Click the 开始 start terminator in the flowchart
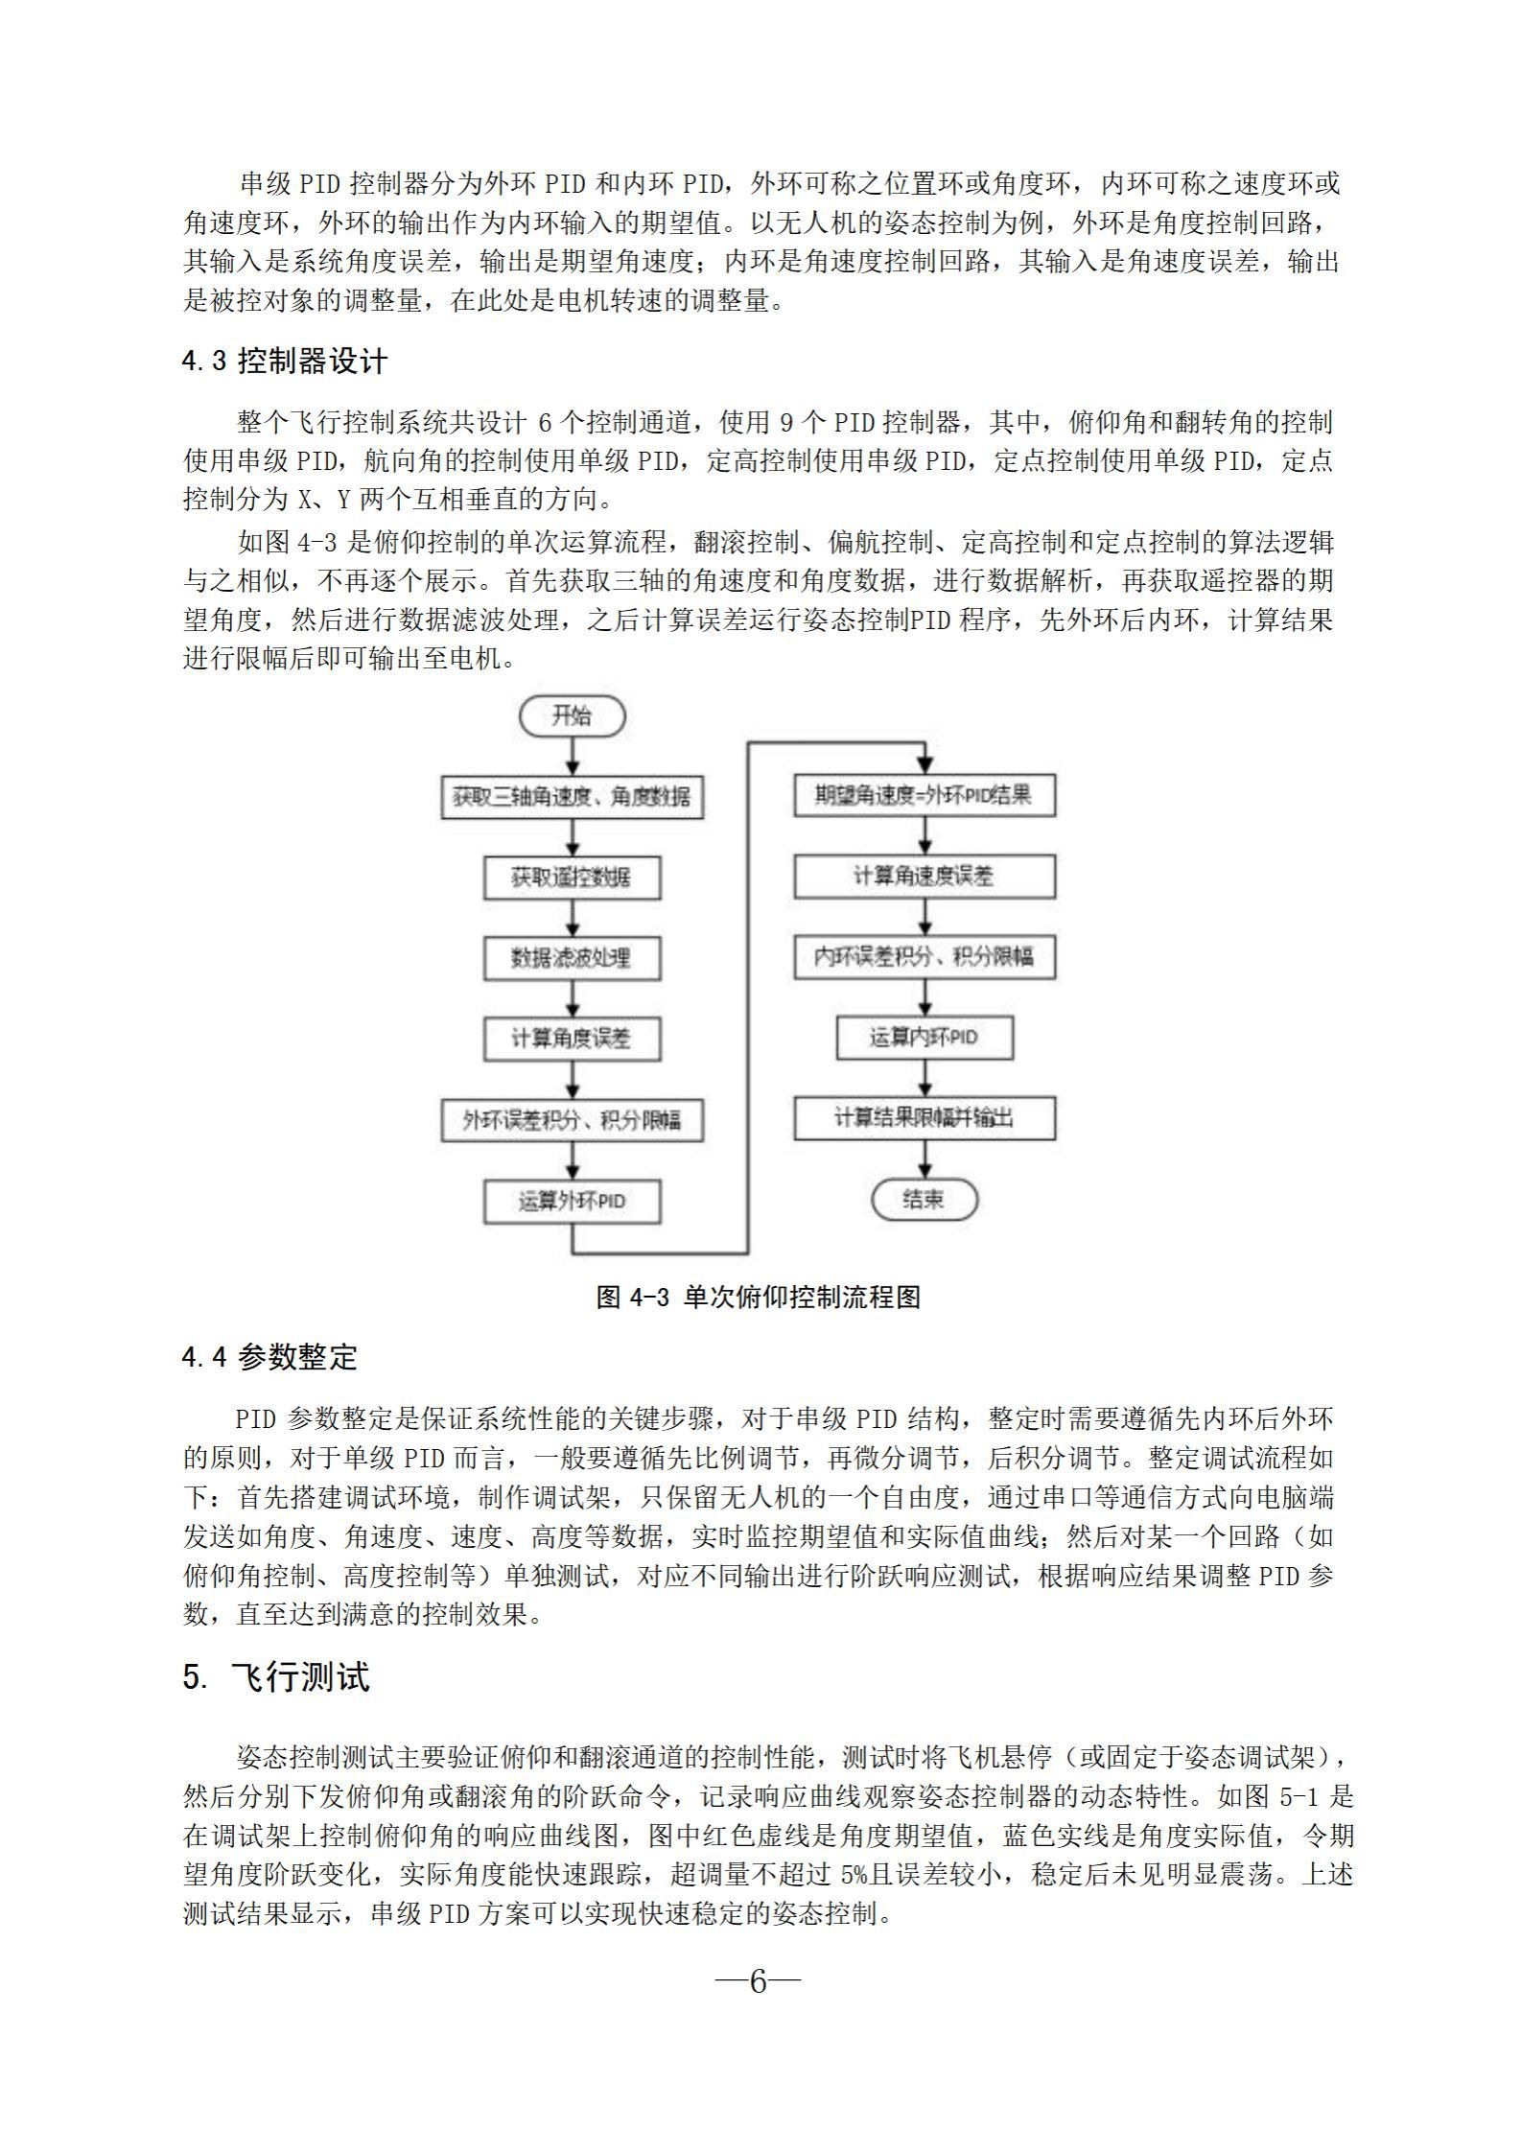coord(572,715)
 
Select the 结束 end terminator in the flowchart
coord(924,1199)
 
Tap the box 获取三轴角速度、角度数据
coord(572,797)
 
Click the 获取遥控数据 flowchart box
coord(572,878)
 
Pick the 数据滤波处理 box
coord(572,958)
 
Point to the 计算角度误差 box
coord(572,1039)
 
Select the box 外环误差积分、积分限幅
coord(572,1120)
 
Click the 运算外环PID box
coord(572,1201)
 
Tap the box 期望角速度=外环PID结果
coord(924,796)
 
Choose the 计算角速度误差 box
coord(924,877)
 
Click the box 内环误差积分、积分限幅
coord(924,957)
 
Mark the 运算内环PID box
coord(924,1038)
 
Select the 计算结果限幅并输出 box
coord(924,1118)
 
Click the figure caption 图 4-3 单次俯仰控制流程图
coord(758,1297)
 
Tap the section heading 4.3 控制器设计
coord(285,362)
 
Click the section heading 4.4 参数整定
coord(269,1357)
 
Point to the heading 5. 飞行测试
coord(276,1677)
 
